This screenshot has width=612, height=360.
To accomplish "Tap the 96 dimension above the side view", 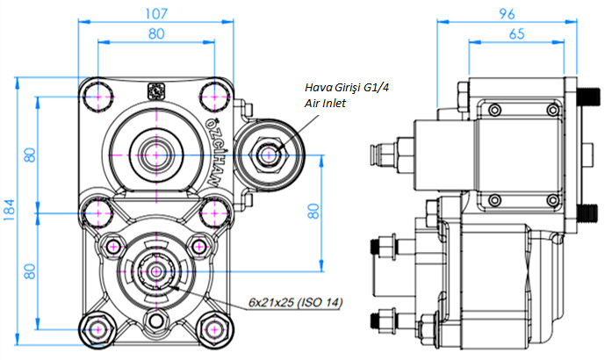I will (506, 13).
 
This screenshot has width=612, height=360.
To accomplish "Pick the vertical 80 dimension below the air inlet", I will (313, 212).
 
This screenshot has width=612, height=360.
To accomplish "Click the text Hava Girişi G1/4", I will (348, 87).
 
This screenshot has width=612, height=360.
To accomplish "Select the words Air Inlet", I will (325, 103).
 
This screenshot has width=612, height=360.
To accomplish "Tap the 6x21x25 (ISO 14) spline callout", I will (294, 302).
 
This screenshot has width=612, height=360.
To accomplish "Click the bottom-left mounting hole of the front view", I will (97, 328).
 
